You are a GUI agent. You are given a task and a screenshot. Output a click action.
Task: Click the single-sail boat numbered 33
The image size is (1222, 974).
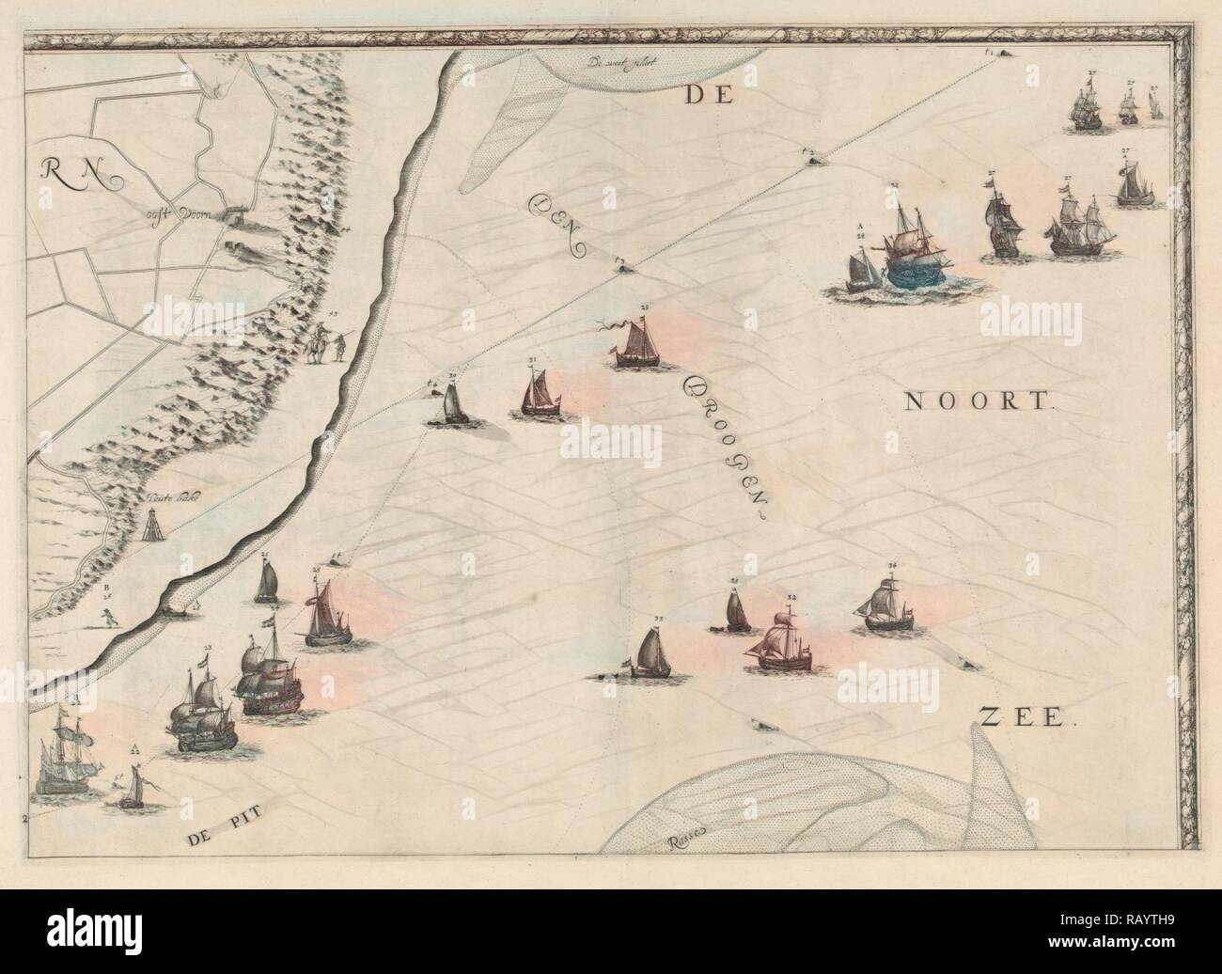pyautogui.click(x=650, y=653)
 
